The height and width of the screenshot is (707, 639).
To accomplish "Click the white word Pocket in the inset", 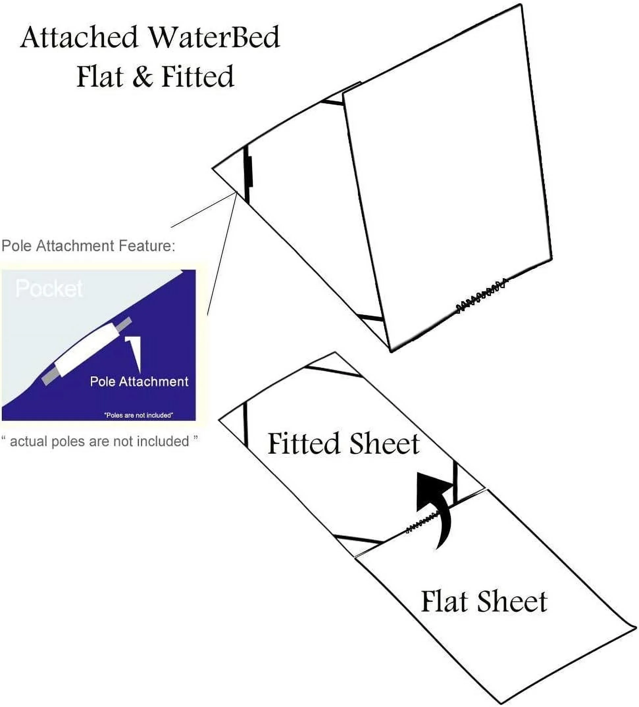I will (x=49, y=289).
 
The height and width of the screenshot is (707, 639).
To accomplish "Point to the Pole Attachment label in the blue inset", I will (x=139, y=381).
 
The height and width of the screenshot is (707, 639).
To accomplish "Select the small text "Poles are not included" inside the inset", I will (x=139, y=415).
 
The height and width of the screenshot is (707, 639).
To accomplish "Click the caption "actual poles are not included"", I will (x=100, y=441).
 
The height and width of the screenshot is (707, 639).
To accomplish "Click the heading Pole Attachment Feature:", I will (x=88, y=246).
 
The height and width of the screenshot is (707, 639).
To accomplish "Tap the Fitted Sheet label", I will (x=343, y=444).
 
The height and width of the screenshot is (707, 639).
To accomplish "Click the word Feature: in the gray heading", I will (x=147, y=246).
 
